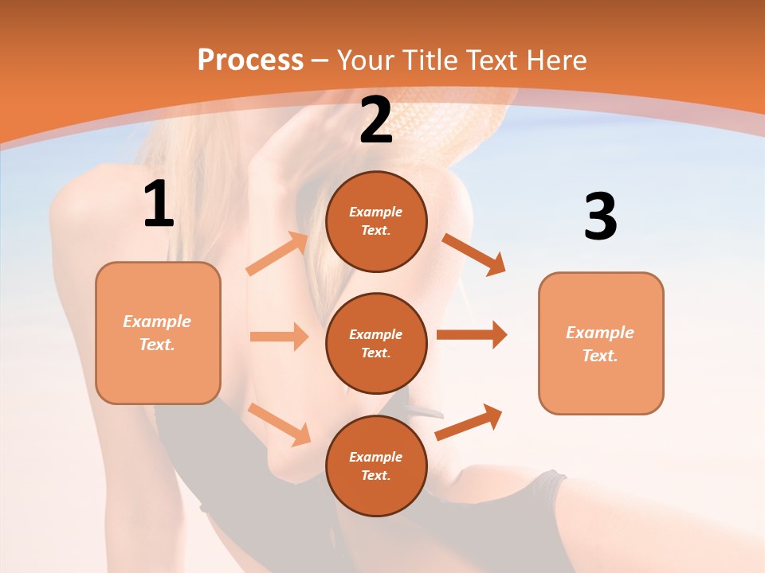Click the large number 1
tap(159, 205)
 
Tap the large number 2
tap(376, 120)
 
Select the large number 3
tap(600, 217)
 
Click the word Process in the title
tap(250, 60)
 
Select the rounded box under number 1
tap(158, 333)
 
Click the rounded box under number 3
tap(601, 343)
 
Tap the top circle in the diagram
tap(376, 221)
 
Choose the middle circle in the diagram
tap(376, 343)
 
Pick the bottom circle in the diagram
tap(376, 466)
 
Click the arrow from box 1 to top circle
tap(277, 254)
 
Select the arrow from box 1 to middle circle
tap(279, 337)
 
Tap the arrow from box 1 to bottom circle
tap(280, 423)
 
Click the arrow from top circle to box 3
tap(473, 255)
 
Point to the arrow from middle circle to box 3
tap(472, 335)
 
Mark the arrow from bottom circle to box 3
tap(469, 422)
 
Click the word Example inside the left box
tap(157, 322)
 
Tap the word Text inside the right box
tap(599, 356)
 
